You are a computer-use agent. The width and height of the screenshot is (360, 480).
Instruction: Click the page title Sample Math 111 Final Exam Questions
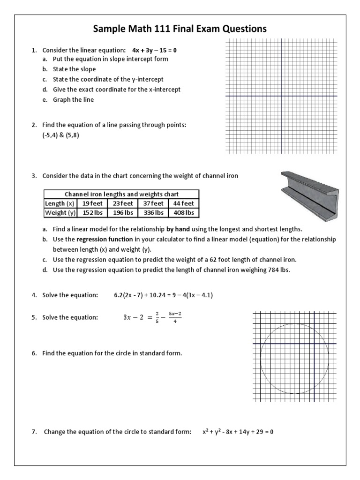click(180, 29)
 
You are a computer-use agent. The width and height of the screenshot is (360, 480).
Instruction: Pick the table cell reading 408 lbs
click(183, 213)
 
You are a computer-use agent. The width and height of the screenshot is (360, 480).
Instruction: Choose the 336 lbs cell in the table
click(152, 213)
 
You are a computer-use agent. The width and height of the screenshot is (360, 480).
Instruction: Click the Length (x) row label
click(60, 203)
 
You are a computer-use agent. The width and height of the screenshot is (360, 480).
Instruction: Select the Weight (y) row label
click(60, 213)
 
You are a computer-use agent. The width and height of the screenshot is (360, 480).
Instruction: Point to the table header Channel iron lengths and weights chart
click(121, 194)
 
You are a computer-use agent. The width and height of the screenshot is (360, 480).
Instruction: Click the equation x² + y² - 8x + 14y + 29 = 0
click(238, 432)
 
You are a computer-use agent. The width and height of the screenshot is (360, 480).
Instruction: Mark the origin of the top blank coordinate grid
click(281, 96)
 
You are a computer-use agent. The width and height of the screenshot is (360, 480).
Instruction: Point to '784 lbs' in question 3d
click(279, 270)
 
